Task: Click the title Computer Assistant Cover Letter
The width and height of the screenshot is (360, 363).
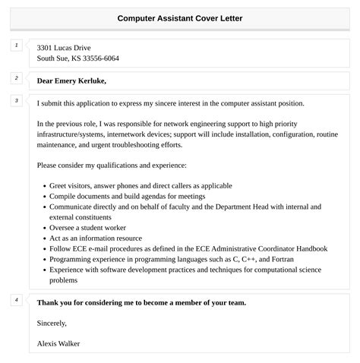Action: [x=180, y=18]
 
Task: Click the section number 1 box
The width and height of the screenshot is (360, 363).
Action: [x=16, y=46]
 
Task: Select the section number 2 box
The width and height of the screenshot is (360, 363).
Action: [x=16, y=78]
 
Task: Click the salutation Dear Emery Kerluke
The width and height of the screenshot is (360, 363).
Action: [x=71, y=80]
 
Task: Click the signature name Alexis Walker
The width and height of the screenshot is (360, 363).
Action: [x=58, y=343]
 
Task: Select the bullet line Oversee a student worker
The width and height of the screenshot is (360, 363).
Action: [x=87, y=227]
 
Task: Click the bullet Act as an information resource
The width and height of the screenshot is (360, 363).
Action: [x=96, y=238]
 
